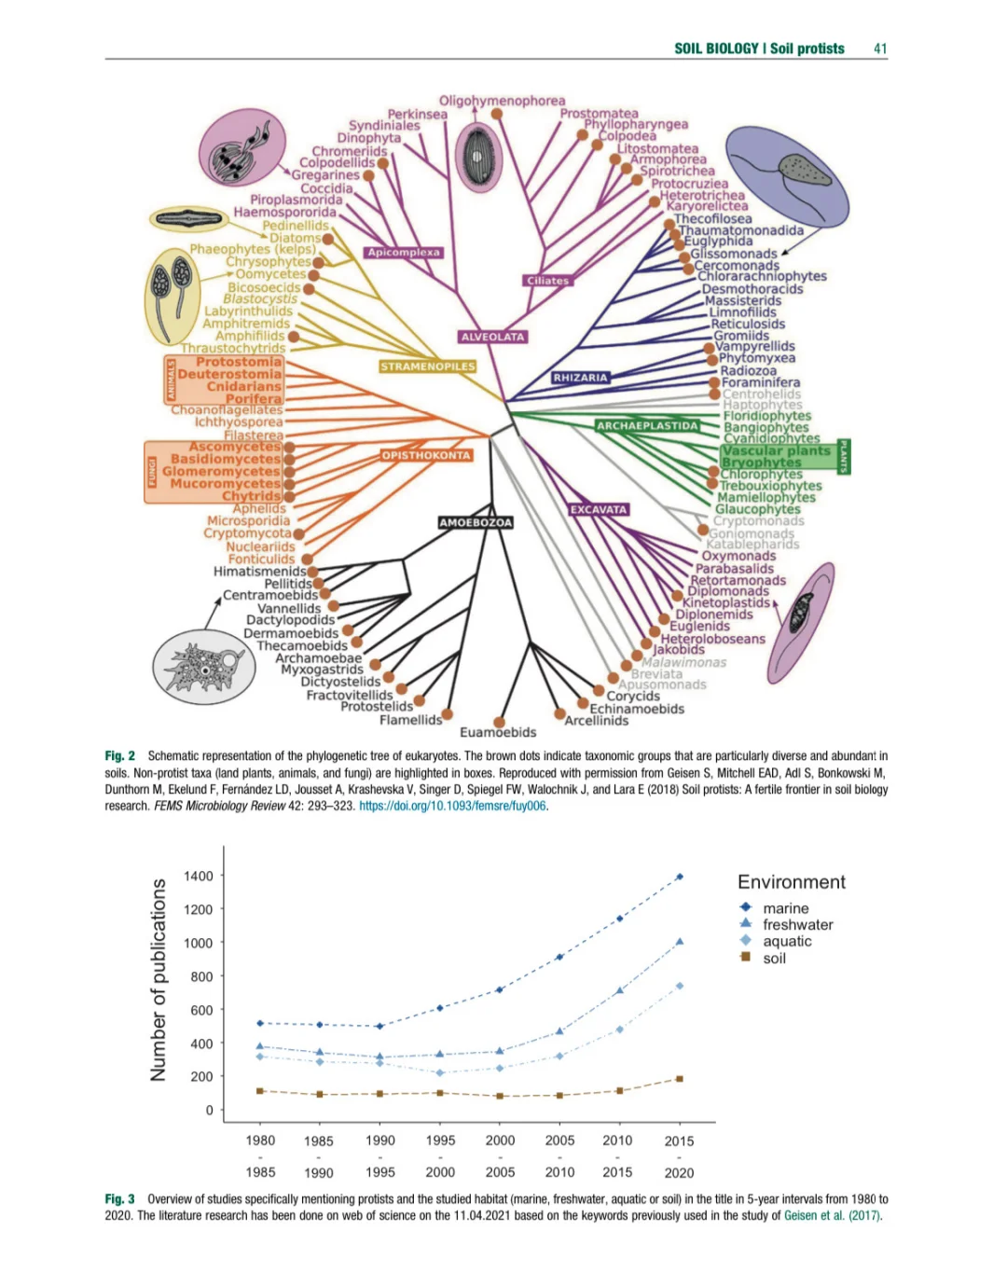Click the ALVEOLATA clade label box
click(492, 337)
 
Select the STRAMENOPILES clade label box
click(428, 366)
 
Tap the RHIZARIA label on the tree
click(580, 378)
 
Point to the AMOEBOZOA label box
click(476, 522)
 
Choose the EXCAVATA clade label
click(599, 509)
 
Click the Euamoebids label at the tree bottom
click(498, 733)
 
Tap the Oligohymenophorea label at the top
click(502, 101)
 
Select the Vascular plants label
click(776, 450)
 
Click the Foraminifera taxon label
click(760, 382)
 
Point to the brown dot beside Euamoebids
click(501, 721)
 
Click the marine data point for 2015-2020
click(680, 877)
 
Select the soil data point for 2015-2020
click(680, 1079)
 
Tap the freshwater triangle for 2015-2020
click(680, 942)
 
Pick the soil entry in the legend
click(773, 959)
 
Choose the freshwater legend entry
click(797, 925)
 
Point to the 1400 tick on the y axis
click(199, 876)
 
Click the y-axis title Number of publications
click(159, 979)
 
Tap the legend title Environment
click(792, 882)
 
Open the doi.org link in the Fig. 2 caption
click(453, 806)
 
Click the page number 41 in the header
click(880, 48)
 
